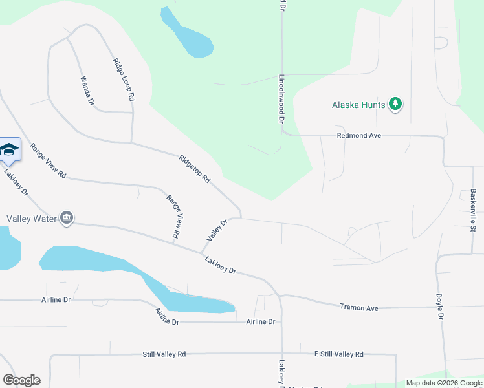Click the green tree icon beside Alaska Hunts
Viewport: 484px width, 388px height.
point(395,104)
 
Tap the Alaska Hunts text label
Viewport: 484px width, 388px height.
point(358,105)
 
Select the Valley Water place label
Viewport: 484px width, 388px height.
point(32,219)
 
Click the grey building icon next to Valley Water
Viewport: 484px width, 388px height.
point(67,219)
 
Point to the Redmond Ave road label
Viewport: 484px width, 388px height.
point(358,136)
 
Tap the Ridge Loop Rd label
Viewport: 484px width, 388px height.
point(124,79)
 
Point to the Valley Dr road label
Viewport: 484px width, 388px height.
point(217,231)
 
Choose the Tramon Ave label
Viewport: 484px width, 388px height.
point(358,308)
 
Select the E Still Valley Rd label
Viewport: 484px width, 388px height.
point(338,354)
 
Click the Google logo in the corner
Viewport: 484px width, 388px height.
point(21,380)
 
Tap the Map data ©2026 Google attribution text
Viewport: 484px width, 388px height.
point(443,383)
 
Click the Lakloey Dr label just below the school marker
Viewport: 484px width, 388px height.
point(16,182)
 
